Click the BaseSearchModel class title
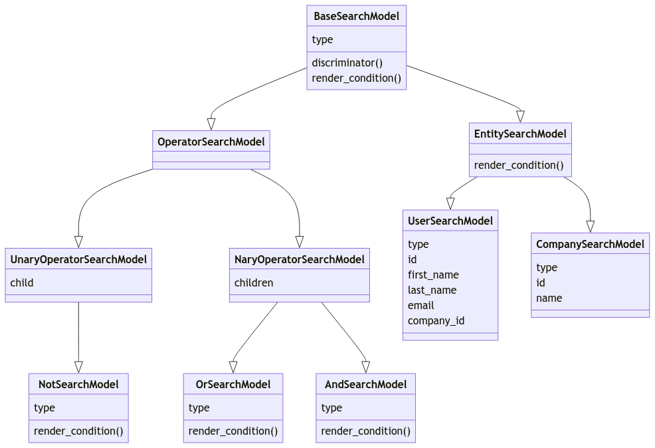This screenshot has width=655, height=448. (356, 16)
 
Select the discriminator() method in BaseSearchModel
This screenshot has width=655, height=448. (347, 63)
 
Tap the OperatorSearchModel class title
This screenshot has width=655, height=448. (211, 141)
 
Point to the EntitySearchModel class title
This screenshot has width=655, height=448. (520, 134)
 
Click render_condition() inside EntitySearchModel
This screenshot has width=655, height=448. (519, 165)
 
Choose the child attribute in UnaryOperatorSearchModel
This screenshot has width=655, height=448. (22, 282)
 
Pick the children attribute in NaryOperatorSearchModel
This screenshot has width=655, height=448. (254, 282)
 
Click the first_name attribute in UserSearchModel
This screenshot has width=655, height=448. (433, 275)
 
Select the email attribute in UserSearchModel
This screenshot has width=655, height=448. (421, 305)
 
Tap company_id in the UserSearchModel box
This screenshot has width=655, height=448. (436, 320)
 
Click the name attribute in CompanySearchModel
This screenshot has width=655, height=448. (549, 298)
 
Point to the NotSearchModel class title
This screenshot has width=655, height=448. (78, 384)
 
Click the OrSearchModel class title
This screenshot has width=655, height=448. (233, 384)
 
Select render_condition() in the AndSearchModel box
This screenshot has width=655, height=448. (366, 431)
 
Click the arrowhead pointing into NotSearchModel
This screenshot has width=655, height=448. (78, 367)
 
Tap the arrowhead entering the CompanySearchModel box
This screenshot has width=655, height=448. (590, 227)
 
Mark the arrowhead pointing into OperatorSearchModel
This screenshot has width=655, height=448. (211, 124)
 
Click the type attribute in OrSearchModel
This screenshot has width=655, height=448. (199, 407)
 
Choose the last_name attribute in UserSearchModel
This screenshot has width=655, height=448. (433, 290)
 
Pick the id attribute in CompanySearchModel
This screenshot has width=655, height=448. (541, 282)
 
